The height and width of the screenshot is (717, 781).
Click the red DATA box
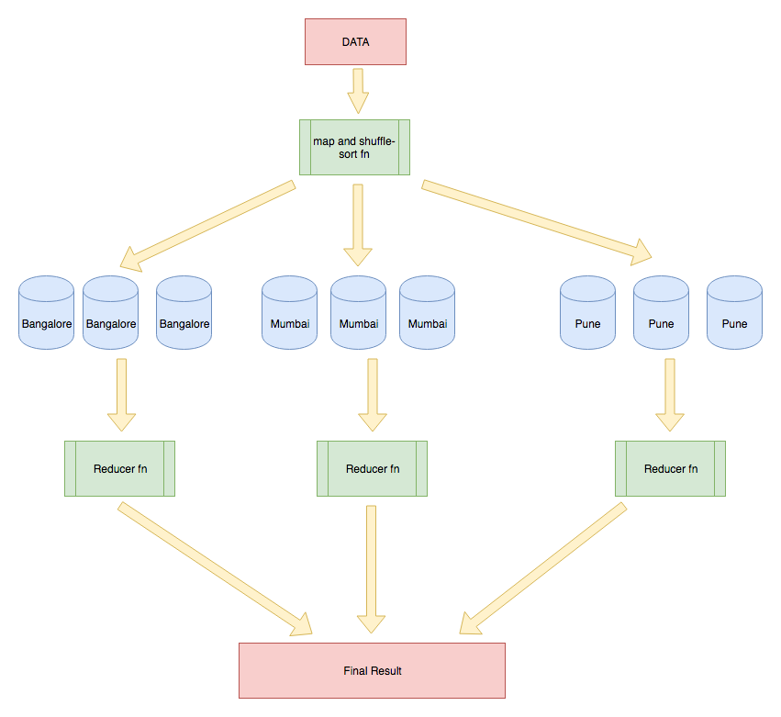(x=355, y=42)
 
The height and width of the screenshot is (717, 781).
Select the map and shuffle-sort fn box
(x=354, y=147)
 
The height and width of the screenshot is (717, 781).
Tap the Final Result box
(x=372, y=670)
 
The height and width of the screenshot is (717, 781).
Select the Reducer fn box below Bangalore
(x=119, y=468)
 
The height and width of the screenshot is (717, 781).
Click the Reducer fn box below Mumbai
(x=372, y=468)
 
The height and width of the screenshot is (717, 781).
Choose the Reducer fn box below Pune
(x=670, y=468)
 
